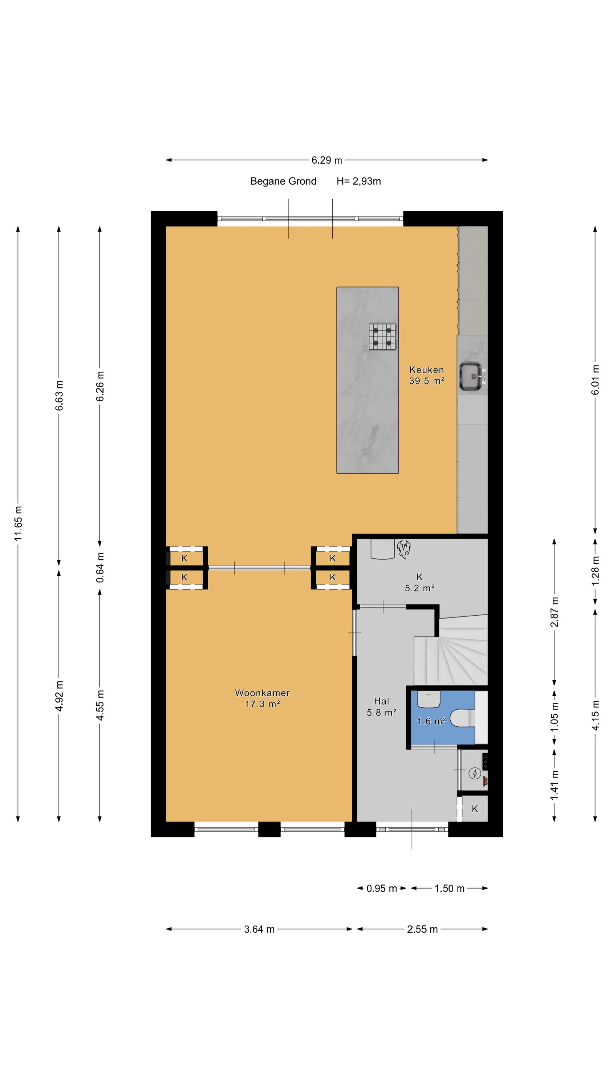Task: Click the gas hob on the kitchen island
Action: click(x=382, y=337)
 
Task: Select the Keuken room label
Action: click(x=426, y=370)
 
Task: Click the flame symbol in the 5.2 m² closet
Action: click(x=403, y=549)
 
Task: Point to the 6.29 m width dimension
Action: click(x=326, y=160)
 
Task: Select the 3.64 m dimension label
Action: click(x=259, y=929)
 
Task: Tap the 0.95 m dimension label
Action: click(x=382, y=889)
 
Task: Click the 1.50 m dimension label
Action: click(x=449, y=889)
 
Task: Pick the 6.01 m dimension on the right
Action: click(x=595, y=380)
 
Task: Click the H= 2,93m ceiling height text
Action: click(x=359, y=181)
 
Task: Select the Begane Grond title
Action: click(x=284, y=181)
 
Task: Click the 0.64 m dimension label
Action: click(x=100, y=567)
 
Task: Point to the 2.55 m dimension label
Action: click(x=422, y=929)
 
